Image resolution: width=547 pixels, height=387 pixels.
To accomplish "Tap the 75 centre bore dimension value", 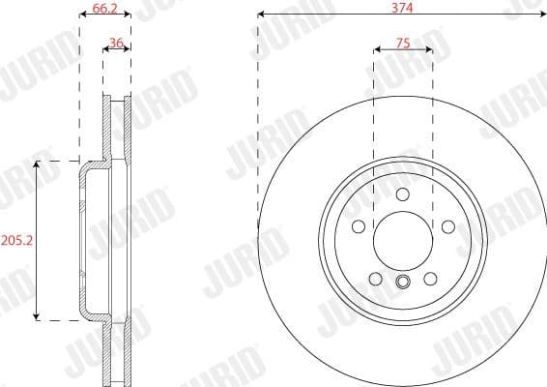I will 402,43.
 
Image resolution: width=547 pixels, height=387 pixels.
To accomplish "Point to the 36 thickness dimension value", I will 116,43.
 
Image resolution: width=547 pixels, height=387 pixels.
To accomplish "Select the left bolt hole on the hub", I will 358,226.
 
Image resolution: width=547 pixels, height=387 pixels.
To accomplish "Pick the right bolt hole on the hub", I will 447,226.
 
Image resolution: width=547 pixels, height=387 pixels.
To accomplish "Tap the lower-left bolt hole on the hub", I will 376,279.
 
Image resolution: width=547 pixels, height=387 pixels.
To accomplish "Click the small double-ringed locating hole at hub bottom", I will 402,283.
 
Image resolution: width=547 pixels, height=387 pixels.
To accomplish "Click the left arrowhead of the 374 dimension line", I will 262,15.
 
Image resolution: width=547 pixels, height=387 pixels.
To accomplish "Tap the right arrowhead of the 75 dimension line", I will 428,51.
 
